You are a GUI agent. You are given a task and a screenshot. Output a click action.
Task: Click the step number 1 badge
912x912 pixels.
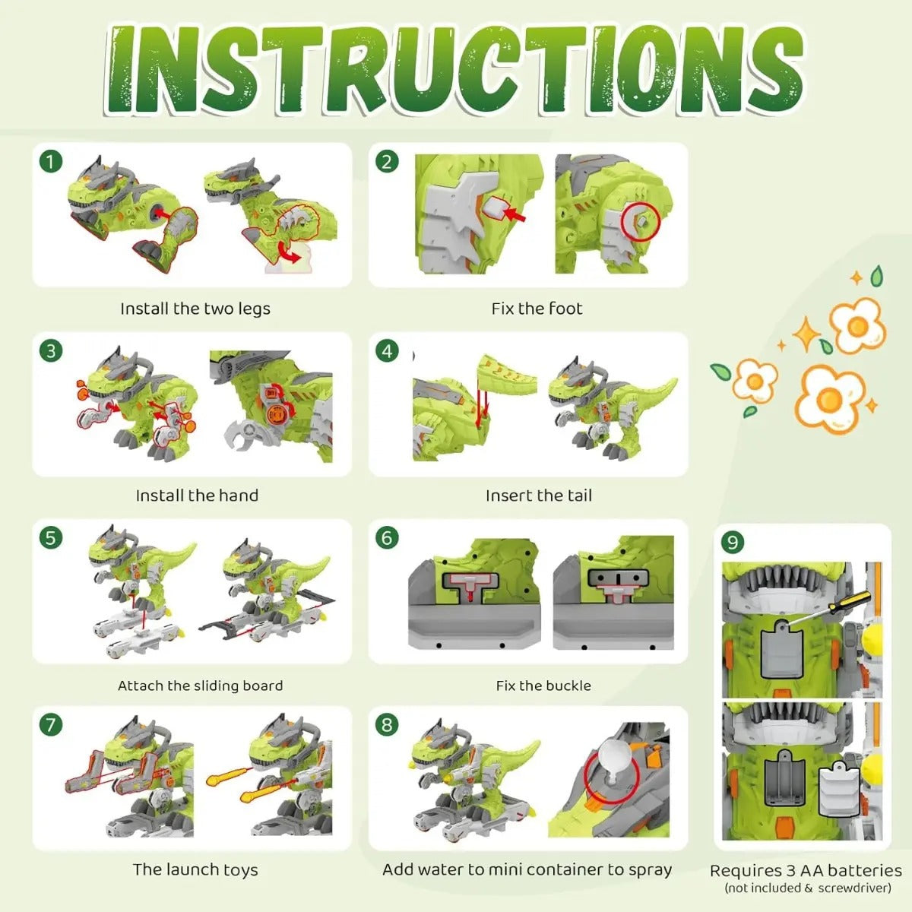pyautogui.click(x=51, y=163)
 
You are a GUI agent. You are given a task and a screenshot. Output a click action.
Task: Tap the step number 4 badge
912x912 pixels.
pyautogui.click(x=387, y=351)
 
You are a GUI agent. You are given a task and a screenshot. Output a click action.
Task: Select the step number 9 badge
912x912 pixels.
pyautogui.click(x=733, y=543)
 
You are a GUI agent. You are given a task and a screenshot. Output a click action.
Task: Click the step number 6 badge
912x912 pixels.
pyautogui.click(x=387, y=538)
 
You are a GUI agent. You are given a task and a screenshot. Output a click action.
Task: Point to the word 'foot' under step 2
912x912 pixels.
pyautogui.click(x=565, y=309)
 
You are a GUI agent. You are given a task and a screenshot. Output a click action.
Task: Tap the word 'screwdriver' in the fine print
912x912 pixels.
pyautogui.click(x=853, y=888)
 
